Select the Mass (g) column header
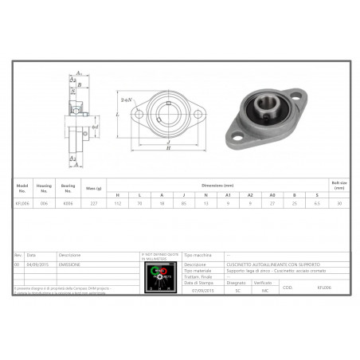[x=93, y=188]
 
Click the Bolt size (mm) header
[x=339, y=186]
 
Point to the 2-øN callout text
[x=126, y=102]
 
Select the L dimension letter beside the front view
[x=117, y=115]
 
